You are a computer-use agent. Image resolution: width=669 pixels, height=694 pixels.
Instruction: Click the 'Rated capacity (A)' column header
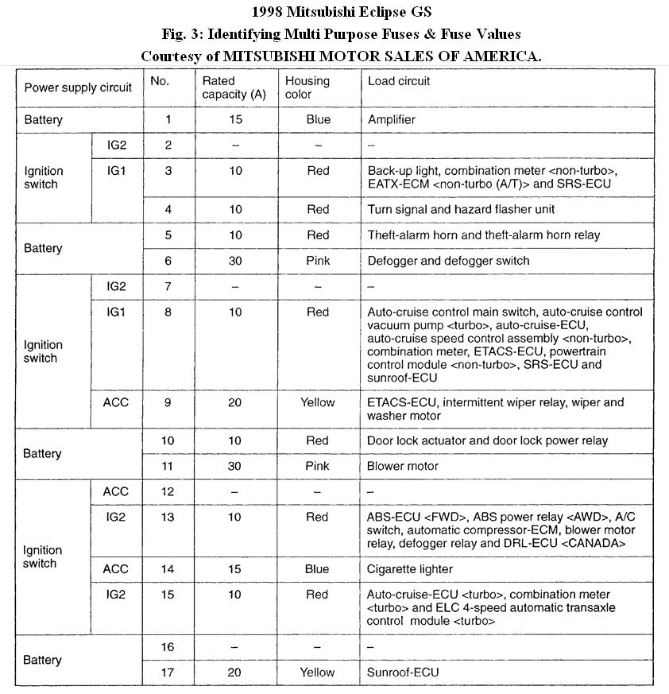(x=230, y=87)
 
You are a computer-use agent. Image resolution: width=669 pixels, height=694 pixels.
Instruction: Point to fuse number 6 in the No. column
(x=168, y=261)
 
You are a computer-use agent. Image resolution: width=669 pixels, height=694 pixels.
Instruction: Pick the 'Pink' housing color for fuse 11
(x=317, y=466)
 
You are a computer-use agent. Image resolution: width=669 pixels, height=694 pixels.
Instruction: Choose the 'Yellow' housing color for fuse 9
(x=317, y=402)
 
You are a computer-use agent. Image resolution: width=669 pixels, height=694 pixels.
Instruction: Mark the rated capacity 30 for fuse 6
(x=234, y=261)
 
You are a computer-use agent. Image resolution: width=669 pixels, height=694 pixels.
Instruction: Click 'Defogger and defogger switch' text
(x=448, y=261)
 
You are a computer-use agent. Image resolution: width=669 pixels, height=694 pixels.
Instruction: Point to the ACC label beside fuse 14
(x=116, y=569)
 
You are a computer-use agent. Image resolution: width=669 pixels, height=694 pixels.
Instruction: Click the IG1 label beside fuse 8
(x=116, y=312)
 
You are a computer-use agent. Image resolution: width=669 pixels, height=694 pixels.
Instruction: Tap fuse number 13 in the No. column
(x=168, y=518)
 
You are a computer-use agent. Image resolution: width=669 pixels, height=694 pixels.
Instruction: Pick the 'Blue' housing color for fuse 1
(x=317, y=120)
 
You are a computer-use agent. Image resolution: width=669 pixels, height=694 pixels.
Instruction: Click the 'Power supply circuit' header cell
(x=78, y=87)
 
